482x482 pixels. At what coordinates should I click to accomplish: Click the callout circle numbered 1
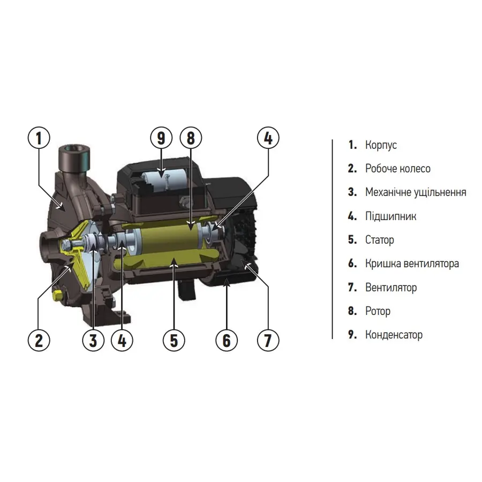(39, 139)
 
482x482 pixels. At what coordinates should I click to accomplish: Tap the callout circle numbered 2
(39, 339)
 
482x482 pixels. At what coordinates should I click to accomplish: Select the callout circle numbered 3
(94, 339)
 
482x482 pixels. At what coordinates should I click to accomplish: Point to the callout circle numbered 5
(174, 339)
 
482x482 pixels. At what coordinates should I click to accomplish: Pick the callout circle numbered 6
(226, 339)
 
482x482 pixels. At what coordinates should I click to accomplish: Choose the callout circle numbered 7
(268, 339)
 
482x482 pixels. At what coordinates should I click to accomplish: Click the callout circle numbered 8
(190, 139)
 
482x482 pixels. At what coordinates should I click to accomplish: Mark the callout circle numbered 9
(160, 139)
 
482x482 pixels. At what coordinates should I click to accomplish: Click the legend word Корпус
(381, 145)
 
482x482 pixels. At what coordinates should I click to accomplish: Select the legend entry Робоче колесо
(397, 169)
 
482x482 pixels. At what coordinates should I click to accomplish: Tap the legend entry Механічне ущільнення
(416, 192)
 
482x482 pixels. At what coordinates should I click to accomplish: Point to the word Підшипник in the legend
(390, 216)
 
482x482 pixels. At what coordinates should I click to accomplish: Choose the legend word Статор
(379, 240)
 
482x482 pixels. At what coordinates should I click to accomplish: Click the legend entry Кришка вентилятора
(412, 263)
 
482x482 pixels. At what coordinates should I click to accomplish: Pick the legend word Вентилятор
(390, 288)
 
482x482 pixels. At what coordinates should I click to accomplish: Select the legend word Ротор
(378, 311)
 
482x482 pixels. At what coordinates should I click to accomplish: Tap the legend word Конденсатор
(394, 335)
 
